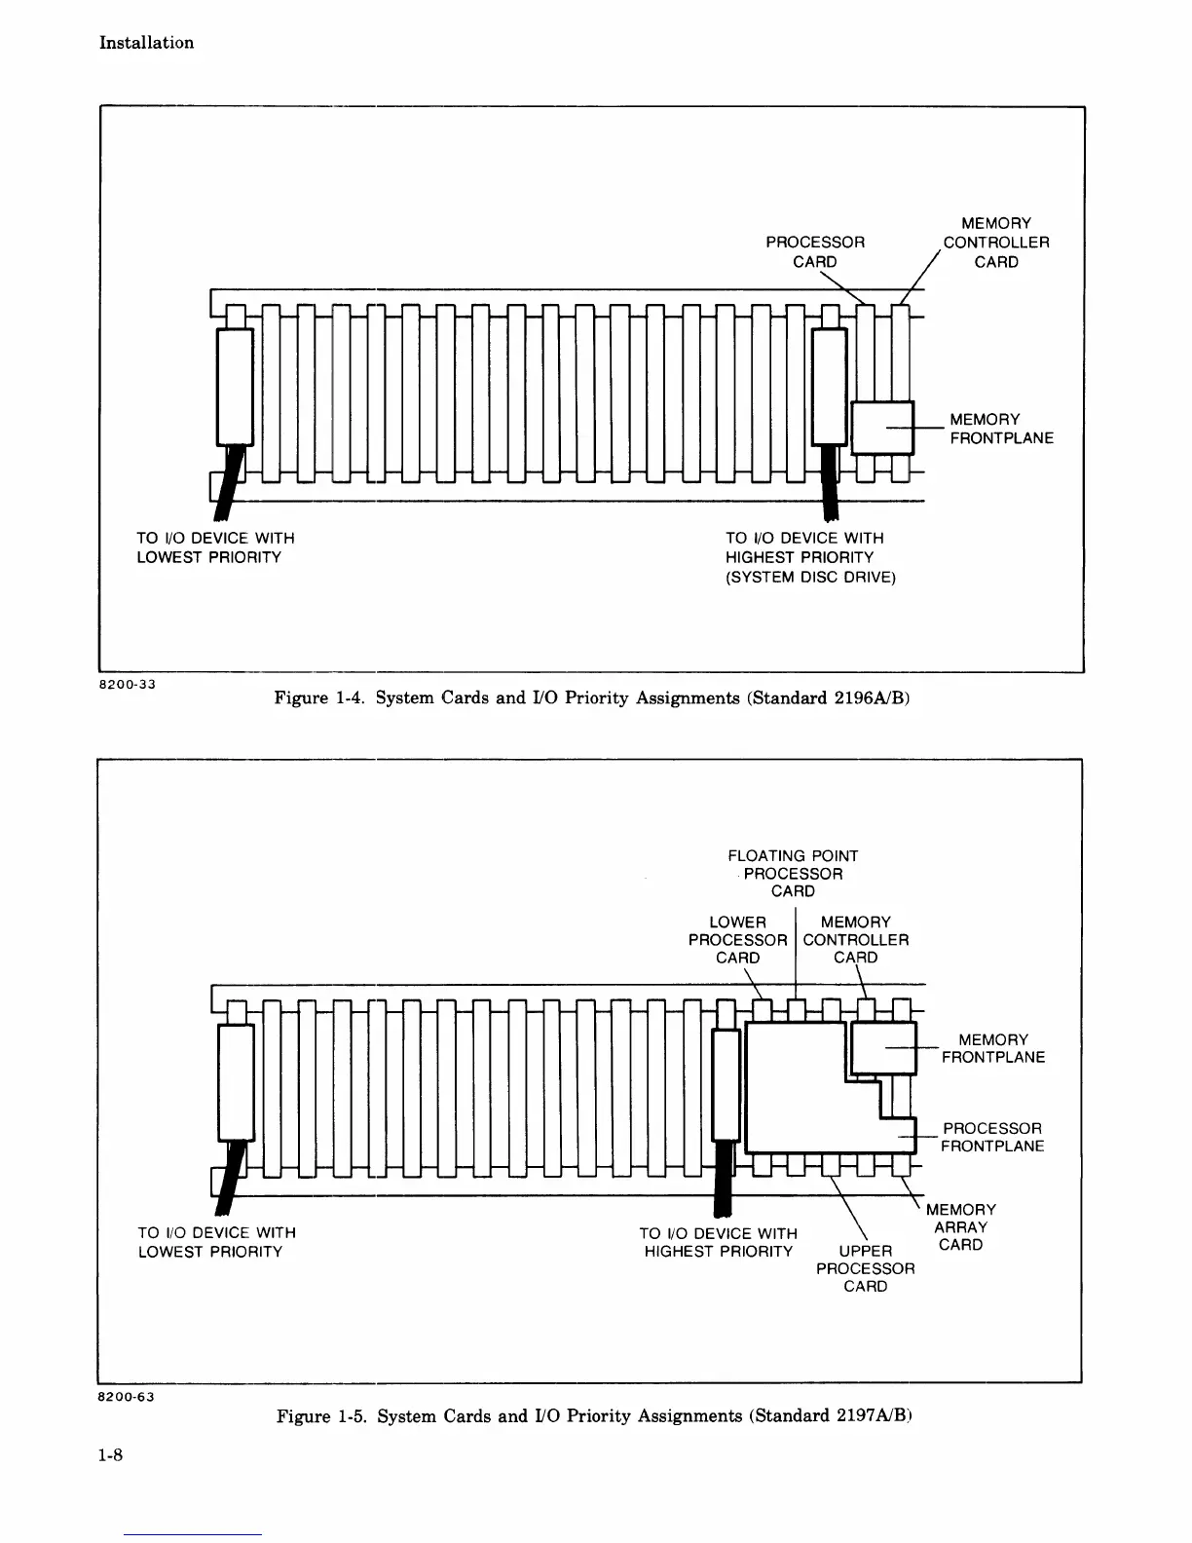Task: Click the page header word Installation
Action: point(146,43)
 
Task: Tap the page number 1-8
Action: point(108,1456)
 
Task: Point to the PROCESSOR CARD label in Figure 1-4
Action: point(815,251)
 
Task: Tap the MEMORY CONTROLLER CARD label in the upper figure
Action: point(996,243)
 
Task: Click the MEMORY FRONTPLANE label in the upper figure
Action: point(1001,429)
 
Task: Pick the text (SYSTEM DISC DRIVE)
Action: point(811,577)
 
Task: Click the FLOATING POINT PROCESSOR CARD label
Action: point(793,873)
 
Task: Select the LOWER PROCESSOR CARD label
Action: point(737,940)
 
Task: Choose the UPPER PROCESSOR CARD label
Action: point(866,1268)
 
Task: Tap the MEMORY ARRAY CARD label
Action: point(961,1227)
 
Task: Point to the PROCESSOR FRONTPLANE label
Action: point(992,1138)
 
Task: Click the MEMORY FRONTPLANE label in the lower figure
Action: point(992,1048)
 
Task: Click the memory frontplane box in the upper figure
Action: point(882,428)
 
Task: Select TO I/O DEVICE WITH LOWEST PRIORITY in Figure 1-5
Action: point(216,1242)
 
